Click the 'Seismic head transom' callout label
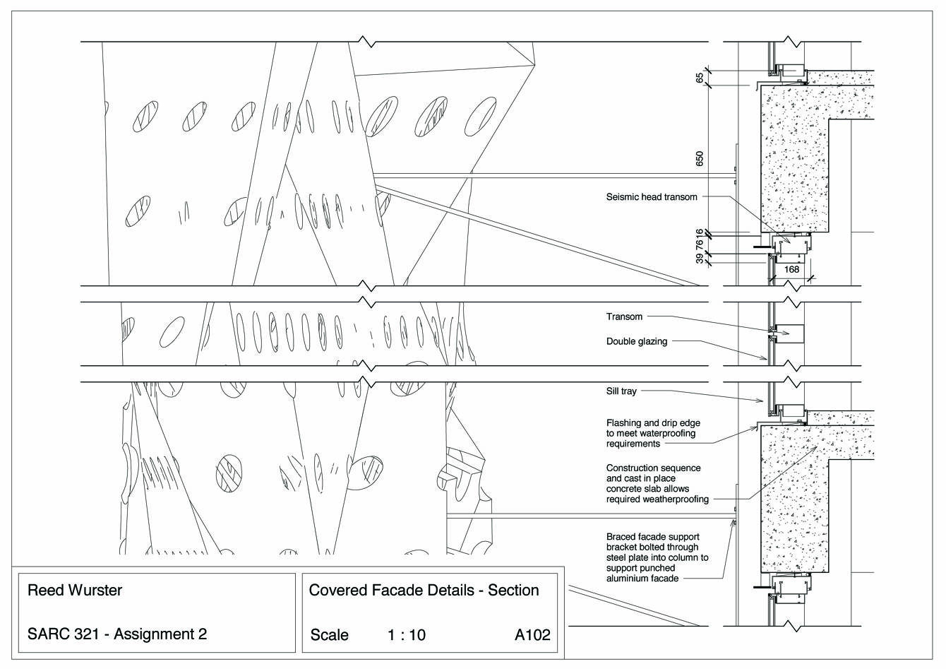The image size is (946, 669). point(651,197)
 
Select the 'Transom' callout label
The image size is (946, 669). point(624,317)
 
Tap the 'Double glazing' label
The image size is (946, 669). point(636,342)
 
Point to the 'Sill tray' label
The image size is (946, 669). point(621,391)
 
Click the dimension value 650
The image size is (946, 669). point(700,158)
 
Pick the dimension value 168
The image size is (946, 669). point(791,270)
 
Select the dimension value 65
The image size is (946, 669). point(700,78)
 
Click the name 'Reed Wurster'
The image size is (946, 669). point(74,591)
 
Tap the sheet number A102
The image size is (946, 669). point(532,635)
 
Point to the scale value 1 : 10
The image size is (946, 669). point(407,635)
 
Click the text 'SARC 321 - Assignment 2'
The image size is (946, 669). point(116,634)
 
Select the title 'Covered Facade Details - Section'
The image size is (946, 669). point(424,591)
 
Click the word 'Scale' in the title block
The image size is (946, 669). point(329,635)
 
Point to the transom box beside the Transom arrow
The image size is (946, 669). point(790,333)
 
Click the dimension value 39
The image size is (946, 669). point(700,259)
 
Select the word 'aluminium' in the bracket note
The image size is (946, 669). point(629,579)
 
